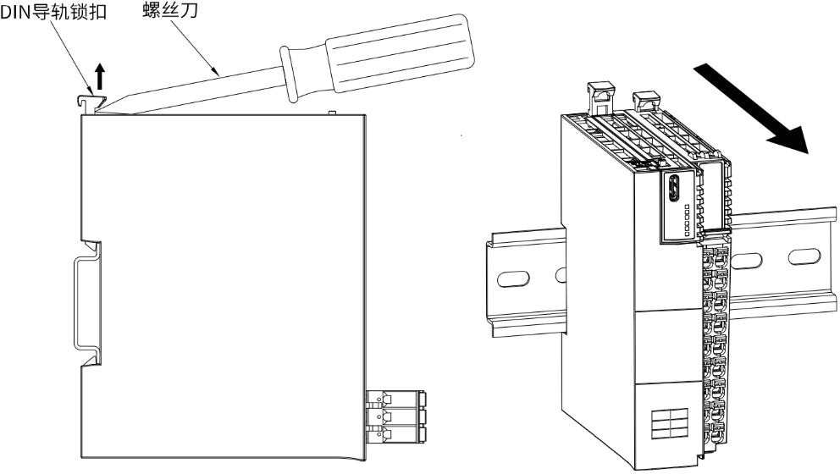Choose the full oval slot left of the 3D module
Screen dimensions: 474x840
[x=515, y=277]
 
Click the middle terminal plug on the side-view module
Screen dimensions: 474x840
[x=395, y=416]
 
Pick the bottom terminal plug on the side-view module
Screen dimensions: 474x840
[x=395, y=434]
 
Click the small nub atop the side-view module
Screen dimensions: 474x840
[x=332, y=111]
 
